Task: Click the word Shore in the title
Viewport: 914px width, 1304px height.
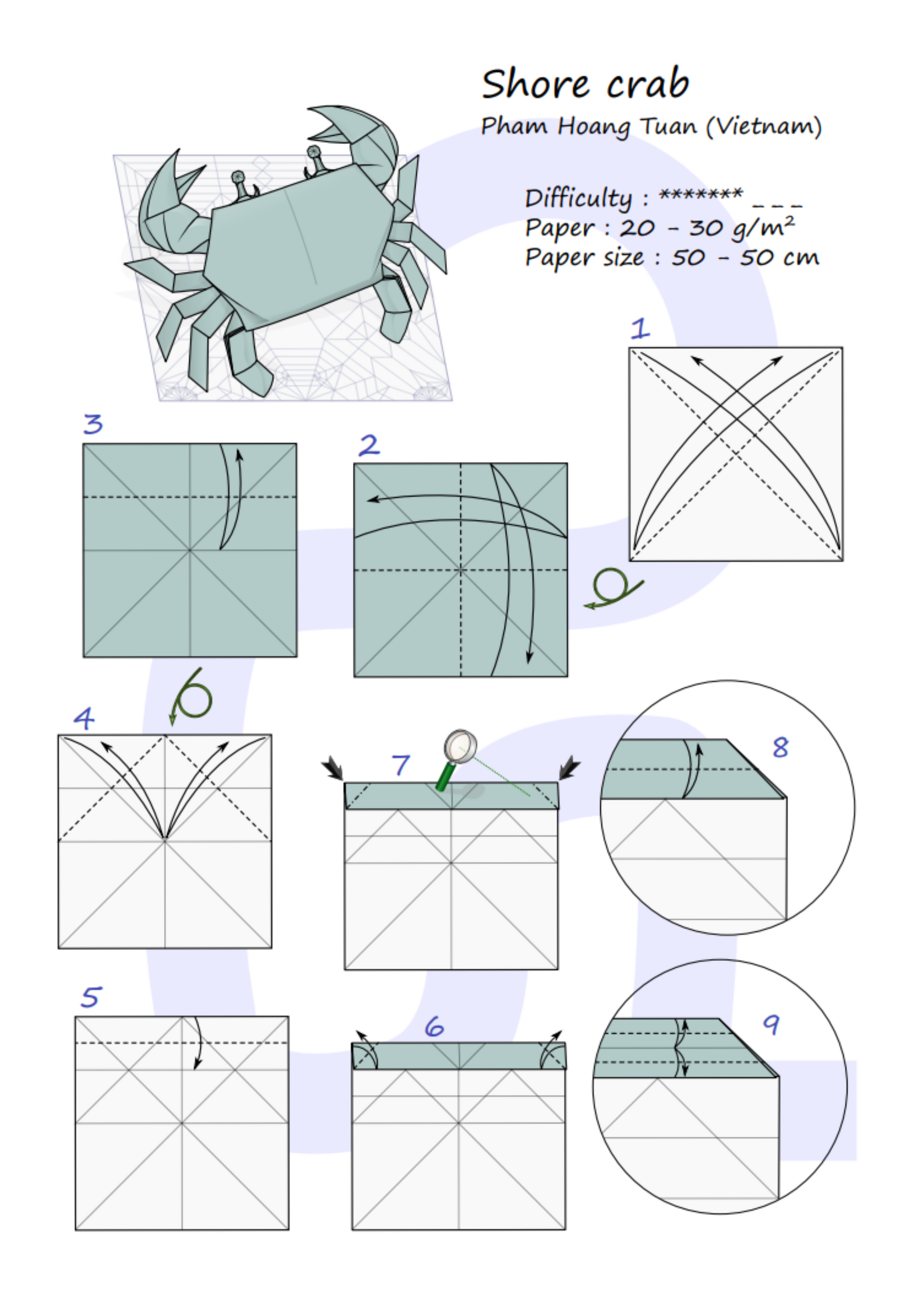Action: (535, 84)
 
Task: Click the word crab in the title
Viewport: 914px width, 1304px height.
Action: (648, 84)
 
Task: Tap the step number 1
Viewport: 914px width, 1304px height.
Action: (640, 328)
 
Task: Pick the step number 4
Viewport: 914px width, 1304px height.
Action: (84, 718)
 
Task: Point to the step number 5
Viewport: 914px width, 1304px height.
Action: (92, 997)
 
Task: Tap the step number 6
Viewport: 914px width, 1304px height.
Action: (434, 1027)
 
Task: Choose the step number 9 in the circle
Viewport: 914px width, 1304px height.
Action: (771, 1024)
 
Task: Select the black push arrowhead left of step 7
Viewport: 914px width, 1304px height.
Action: (333, 768)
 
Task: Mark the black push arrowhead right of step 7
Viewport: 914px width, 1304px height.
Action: (569, 767)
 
